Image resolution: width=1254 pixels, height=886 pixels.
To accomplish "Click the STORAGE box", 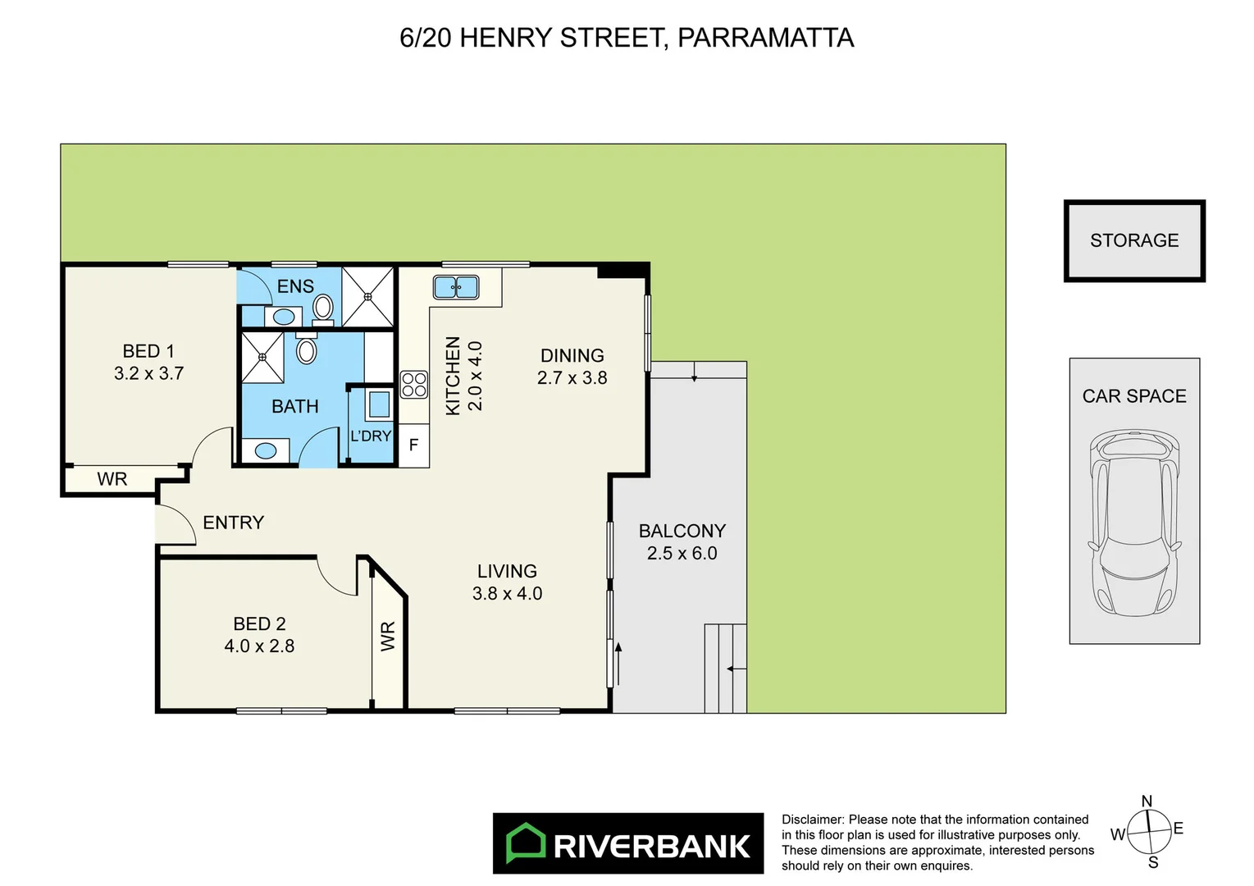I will point(1133,240).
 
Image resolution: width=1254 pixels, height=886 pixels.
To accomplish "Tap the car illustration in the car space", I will point(1134,523).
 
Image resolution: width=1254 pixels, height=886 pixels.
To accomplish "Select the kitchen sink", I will point(456,287).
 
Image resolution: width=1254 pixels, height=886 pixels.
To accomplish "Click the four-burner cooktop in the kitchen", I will point(414,385).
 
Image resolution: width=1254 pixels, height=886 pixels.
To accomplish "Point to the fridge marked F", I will point(414,445).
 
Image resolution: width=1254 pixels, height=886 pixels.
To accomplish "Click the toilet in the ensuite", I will point(323,308).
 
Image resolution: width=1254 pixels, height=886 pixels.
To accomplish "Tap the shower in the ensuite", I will point(368,296).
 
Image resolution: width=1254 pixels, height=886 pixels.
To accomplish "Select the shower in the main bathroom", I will point(262,357).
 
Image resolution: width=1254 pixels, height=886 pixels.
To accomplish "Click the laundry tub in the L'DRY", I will point(379,404).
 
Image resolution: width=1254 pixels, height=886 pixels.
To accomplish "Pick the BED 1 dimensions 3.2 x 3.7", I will point(148,373).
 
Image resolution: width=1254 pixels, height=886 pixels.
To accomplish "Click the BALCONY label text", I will point(682,531).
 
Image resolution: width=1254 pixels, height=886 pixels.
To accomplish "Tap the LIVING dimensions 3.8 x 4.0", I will point(507,593).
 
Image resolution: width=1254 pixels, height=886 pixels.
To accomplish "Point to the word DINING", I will point(572,356).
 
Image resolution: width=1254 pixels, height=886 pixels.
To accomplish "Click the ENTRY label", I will point(234,523).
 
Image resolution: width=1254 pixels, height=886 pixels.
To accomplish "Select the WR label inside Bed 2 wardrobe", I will point(388,636).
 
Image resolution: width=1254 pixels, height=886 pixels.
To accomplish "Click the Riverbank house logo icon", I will point(526,843).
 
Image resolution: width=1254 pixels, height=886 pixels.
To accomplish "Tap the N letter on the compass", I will point(1147,801).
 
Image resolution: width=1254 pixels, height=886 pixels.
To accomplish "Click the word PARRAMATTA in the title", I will point(765,38).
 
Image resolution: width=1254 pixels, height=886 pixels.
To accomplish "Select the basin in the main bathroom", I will point(266,450).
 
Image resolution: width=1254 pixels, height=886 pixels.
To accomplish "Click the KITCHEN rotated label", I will point(453,376).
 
